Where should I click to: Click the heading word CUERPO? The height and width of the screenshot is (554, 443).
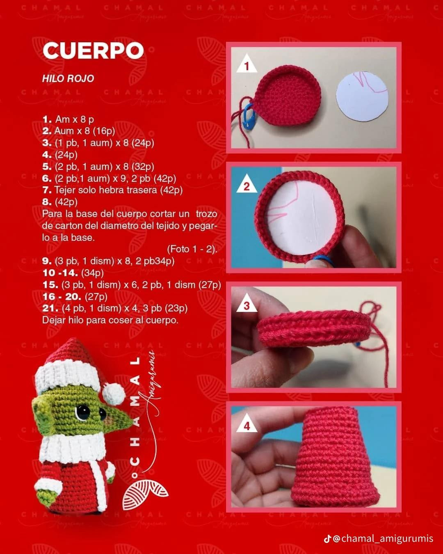tap(93, 51)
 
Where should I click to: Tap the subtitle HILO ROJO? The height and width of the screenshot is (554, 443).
tap(68, 78)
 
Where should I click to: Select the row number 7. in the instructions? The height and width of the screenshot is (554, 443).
tap(47, 190)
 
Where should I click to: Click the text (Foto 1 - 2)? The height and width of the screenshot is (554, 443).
tap(192, 249)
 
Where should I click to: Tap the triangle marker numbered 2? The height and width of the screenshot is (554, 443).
tap(247, 186)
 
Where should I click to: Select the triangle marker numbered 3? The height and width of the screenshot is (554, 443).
tap(247, 305)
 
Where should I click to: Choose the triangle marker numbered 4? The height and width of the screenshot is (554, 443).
tap(247, 426)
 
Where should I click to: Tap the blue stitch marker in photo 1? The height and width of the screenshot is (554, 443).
tap(248, 114)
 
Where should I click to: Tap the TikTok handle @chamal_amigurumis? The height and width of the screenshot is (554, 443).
tap(382, 538)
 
